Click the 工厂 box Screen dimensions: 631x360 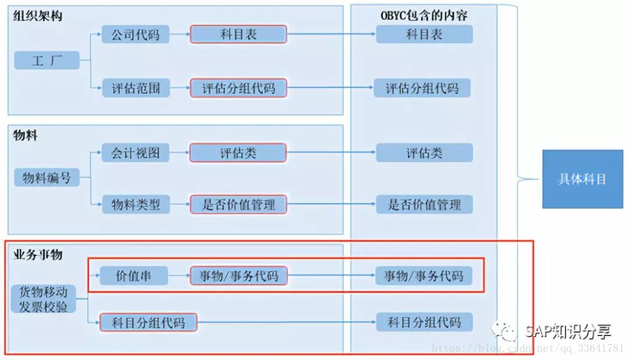(x=47, y=60)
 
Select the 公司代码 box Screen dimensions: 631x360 (x=135, y=34)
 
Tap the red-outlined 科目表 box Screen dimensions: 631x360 (x=238, y=34)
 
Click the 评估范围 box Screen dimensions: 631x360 (x=135, y=89)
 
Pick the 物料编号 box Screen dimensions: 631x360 (x=47, y=178)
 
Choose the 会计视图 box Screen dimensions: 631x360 (x=135, y=153)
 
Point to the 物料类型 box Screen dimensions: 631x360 (x=135, y=205)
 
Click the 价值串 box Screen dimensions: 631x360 (x=134, y=275)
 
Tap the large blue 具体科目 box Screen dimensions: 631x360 (x=583, y=179)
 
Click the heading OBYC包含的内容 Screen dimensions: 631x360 (x=424, y=16)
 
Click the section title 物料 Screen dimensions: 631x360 (x=25, y=136)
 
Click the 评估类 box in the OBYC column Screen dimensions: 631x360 (x=424, y=153)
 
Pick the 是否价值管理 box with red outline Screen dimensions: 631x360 (x=238, y=205)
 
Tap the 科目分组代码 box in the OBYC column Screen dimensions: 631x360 (x=424, y=322)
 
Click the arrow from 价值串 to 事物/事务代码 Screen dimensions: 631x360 (x=179, y=275)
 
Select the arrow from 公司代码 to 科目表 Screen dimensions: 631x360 (x=179, y=34)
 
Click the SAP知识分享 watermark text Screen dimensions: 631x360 (x=567, y=332)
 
